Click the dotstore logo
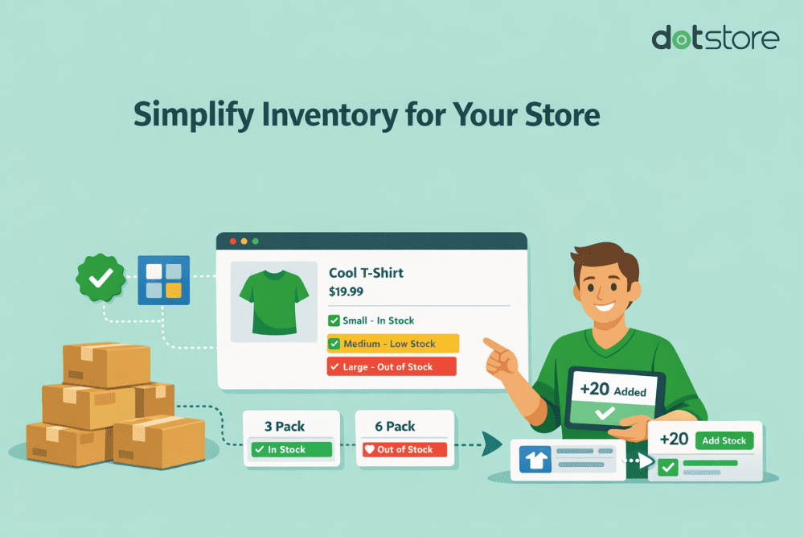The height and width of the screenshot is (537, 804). (x=715, y=38)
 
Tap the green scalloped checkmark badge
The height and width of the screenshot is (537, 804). (x=100, y=279)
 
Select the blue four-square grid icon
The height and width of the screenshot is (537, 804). (x=163, y=279)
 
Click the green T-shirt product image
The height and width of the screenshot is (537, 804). (x=272, y=301)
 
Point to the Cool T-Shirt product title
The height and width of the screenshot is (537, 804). (x=366, y=273)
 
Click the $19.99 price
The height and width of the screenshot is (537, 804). (x=346, y=291)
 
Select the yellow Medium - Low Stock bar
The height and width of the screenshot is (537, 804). (x=392, y=344)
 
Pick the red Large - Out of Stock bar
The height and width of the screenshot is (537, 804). (x=391, y=366)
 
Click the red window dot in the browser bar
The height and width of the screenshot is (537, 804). (x=233, y=241)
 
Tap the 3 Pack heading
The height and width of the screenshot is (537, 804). (x=285, y=426)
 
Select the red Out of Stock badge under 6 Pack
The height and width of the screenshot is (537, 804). (x=404, y=449)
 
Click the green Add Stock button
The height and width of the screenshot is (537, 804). (x=724, y=440)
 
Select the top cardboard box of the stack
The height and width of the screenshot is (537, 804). (x=106, y=364)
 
